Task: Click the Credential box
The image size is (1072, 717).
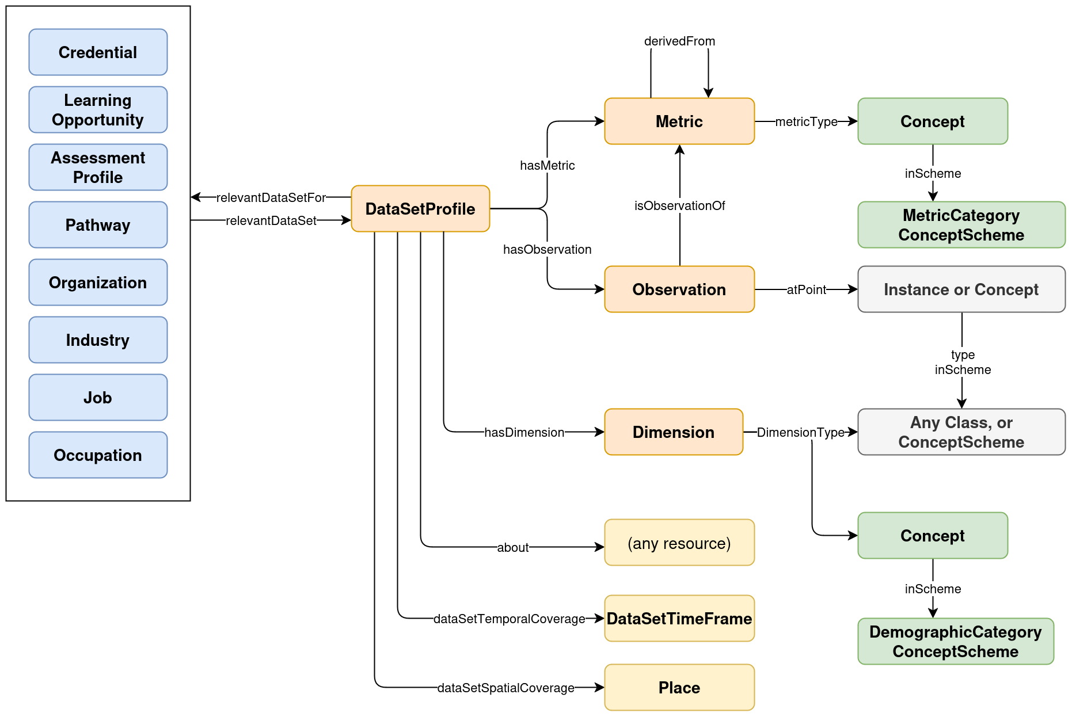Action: pos(98,52)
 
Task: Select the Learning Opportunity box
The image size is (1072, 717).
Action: pos(98,110)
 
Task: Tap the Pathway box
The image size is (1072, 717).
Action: pos(98,225)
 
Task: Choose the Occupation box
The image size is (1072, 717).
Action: pos(98,455)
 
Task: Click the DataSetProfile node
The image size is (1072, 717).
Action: pos(420,209)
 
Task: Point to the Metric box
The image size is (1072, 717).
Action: pos(679,121)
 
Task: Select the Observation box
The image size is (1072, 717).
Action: pos(679,289)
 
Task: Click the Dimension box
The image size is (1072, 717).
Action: pos(674,432)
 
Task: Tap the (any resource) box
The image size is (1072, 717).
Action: pos(679,543)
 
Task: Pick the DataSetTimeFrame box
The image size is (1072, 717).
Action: pos(679,619)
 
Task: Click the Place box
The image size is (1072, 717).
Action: pos(679,688)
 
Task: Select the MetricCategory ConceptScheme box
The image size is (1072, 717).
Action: pos(961,225)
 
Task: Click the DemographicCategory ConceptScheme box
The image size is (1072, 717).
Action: pos(956,642)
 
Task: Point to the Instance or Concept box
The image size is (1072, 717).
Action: pos(961,289)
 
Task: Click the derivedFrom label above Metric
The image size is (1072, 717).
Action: pos(679,41)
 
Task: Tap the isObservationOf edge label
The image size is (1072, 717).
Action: pos(679,206)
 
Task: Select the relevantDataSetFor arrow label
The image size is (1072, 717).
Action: pos(271,198)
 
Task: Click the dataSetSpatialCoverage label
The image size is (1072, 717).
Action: pos(505,688)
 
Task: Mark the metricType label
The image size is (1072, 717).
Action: pos(806,122)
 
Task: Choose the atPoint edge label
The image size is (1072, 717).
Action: pos(806,290)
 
